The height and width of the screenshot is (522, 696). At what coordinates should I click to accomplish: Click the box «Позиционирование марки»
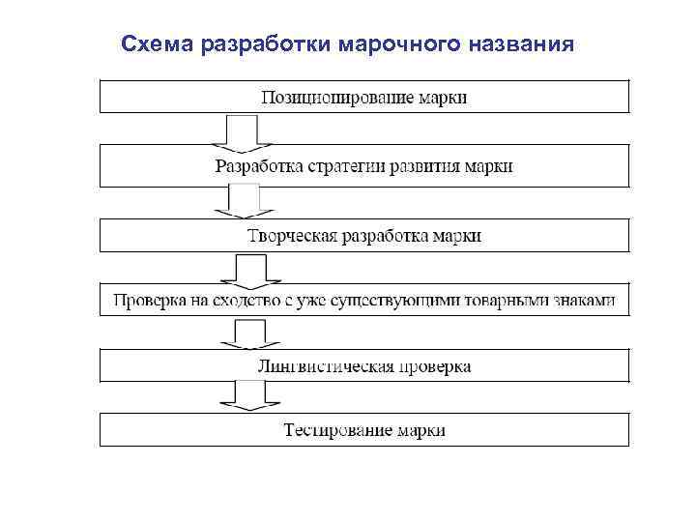point(364,98)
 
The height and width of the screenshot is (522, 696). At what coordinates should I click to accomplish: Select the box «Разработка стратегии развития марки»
point(364,165)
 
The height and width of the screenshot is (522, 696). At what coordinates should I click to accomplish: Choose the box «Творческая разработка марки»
point(364,235)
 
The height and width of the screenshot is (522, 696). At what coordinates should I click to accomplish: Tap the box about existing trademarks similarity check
point(364,300)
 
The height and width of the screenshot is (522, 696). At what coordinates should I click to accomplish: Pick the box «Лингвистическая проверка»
point(364,366)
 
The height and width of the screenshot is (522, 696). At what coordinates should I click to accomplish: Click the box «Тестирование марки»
point(364,429)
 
